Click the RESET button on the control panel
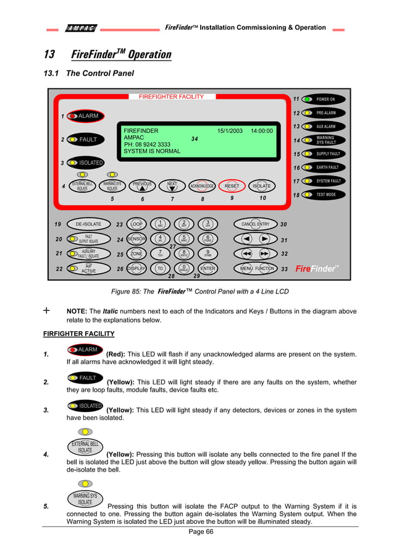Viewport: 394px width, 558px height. [232, 185]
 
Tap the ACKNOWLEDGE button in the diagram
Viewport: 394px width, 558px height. [202, 185]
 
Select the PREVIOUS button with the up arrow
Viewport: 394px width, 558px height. [142, 185]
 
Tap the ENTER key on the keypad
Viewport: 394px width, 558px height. [208, 268]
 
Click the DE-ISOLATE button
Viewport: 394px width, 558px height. [88, 224]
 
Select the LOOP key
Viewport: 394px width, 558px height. [137, 224]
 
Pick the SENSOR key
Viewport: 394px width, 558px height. [136, 239]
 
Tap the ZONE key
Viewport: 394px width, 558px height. [136, 253]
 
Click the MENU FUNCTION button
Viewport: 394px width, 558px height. [255, 268]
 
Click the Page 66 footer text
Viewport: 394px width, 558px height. [201, 533]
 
